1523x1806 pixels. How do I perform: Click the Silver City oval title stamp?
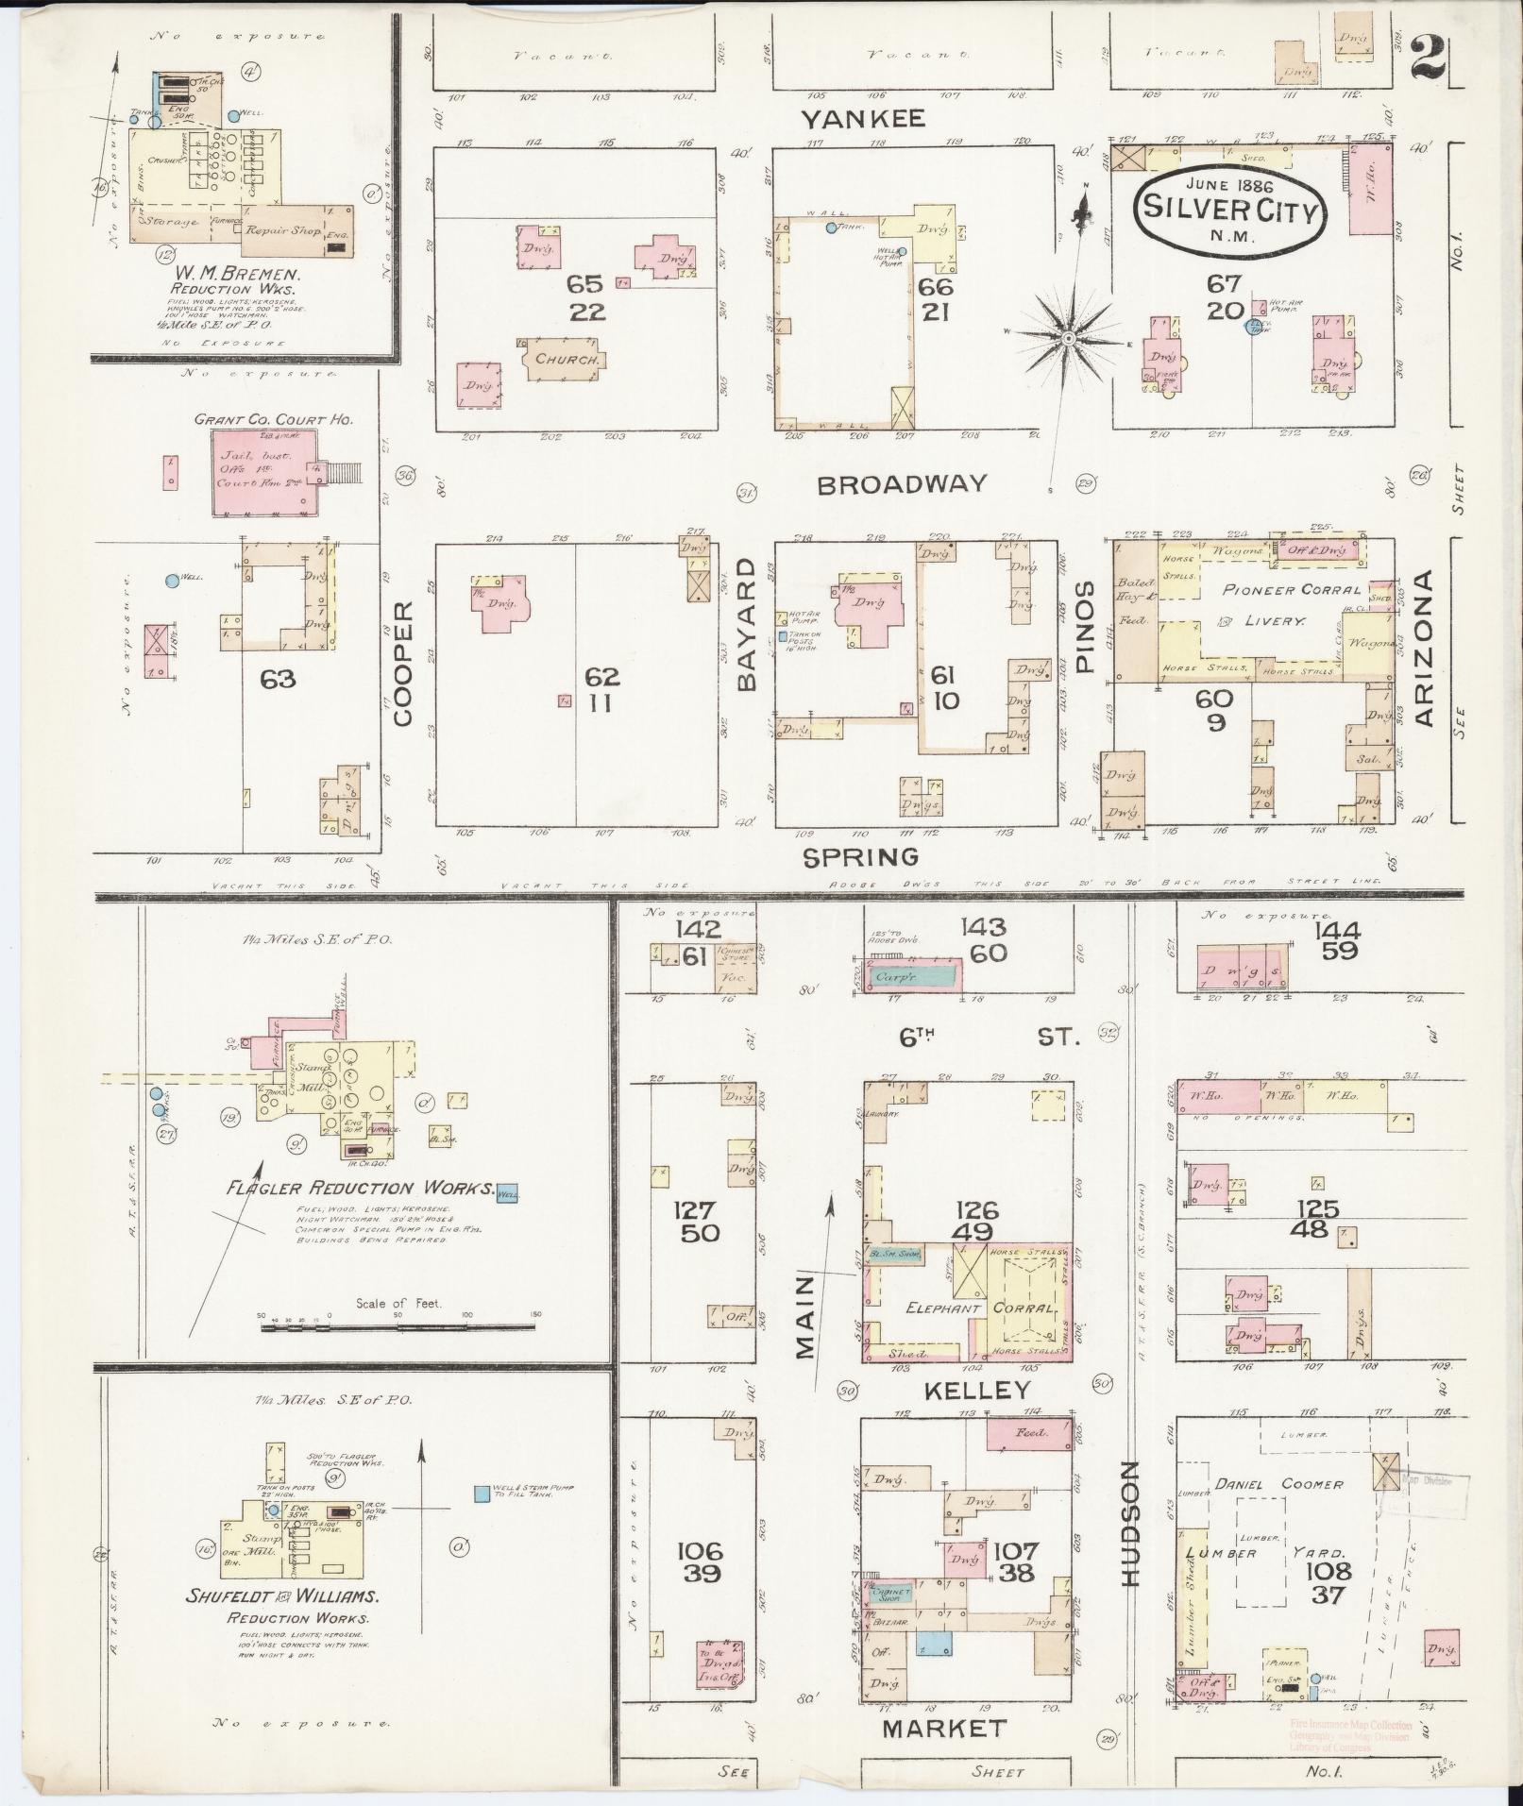[1228, 209]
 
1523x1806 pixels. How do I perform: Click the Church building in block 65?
[561, 360]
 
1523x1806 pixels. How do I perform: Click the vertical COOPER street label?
[403, 664]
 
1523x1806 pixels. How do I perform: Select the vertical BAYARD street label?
[747, 624]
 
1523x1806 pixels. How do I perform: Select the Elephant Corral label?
[982, 1308]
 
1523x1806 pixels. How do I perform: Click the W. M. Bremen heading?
[234, 275]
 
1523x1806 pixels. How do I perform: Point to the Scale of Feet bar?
[397, 1326]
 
